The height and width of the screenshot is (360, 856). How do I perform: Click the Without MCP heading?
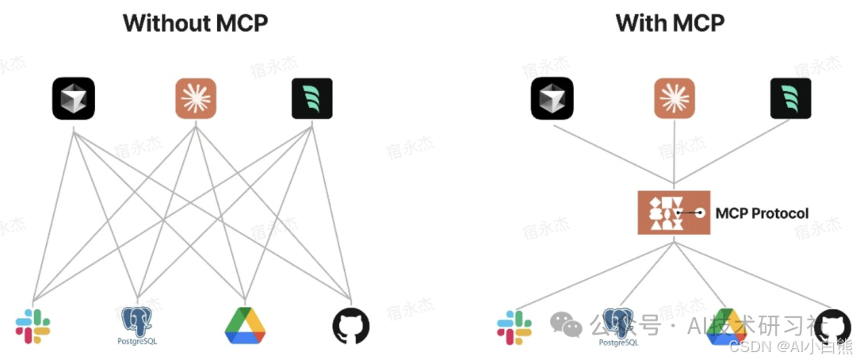point(194,23)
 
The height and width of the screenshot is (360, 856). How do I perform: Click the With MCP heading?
point(670,23)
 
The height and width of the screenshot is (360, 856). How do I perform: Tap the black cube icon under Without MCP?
point(74,98)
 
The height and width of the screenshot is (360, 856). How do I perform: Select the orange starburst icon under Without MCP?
point(195,98)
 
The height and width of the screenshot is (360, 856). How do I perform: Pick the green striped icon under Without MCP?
point(311,98)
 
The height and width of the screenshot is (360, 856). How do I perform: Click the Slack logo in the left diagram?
point(32,326)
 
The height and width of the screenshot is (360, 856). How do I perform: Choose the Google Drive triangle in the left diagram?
point(244,325)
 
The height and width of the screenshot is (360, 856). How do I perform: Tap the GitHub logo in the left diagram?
point(350,325)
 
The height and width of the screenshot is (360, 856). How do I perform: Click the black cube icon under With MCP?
point(552,98)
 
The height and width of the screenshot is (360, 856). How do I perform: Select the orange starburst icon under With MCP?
point(674,98)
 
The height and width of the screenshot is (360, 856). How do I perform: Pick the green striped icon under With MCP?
point(790,98)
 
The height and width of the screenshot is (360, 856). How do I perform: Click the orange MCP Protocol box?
point(674,213)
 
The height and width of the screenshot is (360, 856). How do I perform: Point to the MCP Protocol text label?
point(762,213)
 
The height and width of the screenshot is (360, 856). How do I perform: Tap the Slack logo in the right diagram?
point(514,327)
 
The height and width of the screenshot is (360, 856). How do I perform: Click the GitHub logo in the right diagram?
point(832,325)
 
